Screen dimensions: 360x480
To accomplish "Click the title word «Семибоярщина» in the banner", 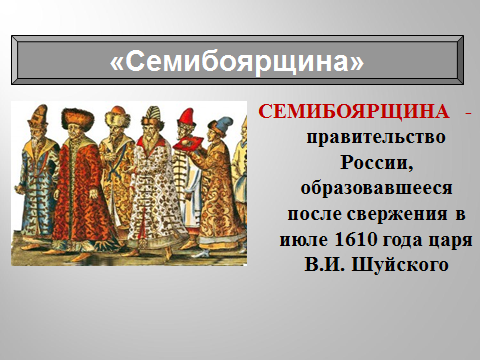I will (x=236, y=61).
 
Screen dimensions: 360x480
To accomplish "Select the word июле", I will (x=306, y=240).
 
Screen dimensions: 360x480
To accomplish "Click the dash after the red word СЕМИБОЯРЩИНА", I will (x=441, y=110).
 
